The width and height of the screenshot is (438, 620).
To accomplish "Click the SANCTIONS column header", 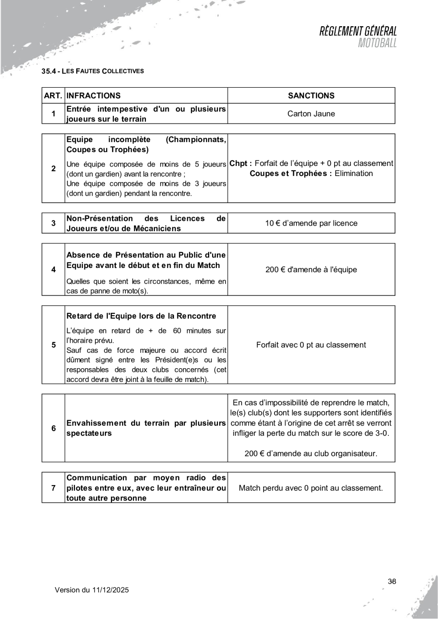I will (x=312, y=96).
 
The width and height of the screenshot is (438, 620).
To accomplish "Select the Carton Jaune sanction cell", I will (x=312, y=114).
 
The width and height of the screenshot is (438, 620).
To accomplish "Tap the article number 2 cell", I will (x=53, y=168).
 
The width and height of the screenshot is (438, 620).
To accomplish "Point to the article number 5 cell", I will (x=53, y=345).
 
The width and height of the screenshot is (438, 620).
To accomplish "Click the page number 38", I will (x=392, y=581).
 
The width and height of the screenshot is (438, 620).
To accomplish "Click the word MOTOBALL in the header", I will (x=377, y=43).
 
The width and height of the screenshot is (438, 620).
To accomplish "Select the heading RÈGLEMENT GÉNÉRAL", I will (x=358, y=31).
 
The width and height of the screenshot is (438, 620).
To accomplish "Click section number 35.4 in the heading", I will (x=49, y=72).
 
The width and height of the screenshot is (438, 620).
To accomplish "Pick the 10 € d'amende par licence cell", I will (x=312, y=223).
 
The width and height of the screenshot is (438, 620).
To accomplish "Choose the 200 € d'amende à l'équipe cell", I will (x=312, y=270).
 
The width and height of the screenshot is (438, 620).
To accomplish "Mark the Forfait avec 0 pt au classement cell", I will (x=312, y=345).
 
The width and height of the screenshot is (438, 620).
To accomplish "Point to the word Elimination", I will (x=355, y=173).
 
